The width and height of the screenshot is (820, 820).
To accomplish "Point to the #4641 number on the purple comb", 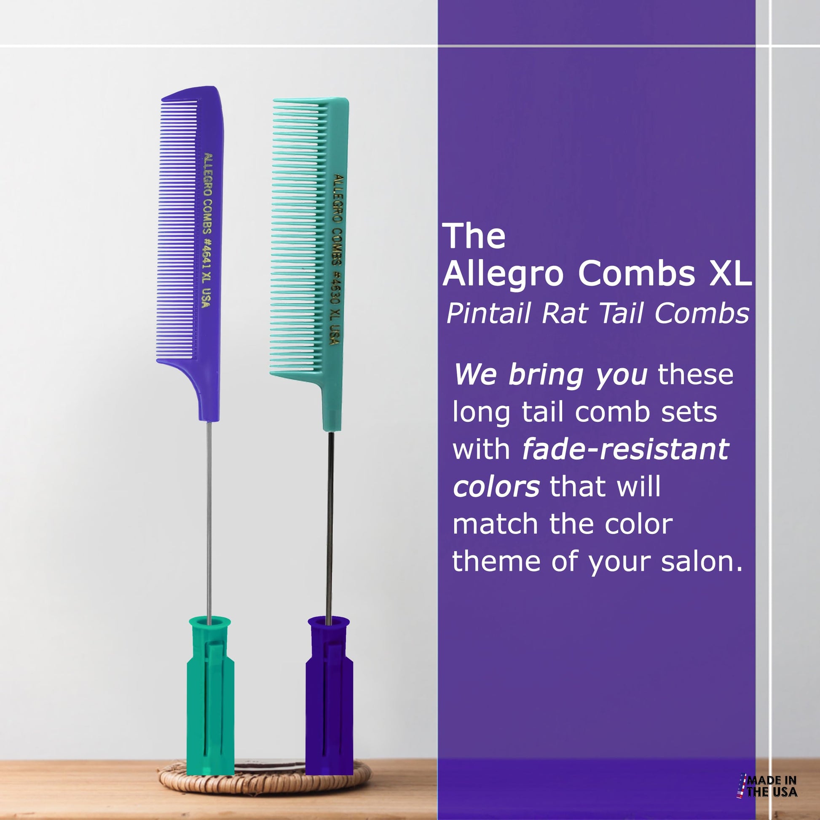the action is [x=207, y=257].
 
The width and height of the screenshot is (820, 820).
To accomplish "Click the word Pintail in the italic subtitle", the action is [x=488, y=314].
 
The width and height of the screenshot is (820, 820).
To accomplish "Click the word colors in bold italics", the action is [x=496, y=487].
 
